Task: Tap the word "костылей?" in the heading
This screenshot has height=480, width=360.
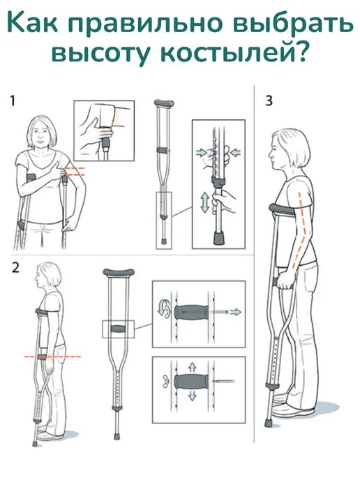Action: tap(233, 54)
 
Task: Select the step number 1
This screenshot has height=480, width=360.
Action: tap(13, 100)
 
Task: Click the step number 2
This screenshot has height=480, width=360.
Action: tap(15, 267)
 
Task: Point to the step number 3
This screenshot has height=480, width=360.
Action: tap(269, 100)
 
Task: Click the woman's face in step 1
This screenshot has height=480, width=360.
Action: tap(40, 137)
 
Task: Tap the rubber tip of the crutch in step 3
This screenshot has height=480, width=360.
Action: tap(269, 423)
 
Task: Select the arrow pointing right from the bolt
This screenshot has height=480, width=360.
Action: tap(235, 312)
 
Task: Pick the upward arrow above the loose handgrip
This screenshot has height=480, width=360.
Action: tap(192, 367)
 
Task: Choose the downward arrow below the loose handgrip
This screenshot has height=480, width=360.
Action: tap(192, 396)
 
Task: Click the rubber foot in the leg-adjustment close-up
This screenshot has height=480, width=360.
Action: tap(218, 238)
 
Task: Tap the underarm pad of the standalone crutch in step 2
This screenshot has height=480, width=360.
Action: tap(119, 272)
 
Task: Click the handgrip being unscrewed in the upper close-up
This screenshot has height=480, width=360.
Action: tap(191, 312)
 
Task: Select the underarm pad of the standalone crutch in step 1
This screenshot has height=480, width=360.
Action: tap(164, 103)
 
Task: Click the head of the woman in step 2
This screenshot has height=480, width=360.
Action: tap(47, 275)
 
